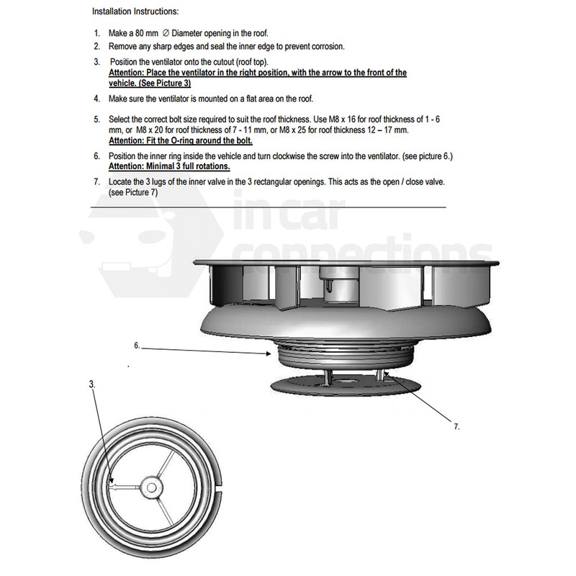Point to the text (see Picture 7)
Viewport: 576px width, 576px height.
pyautogui.click(x=132, y=193)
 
